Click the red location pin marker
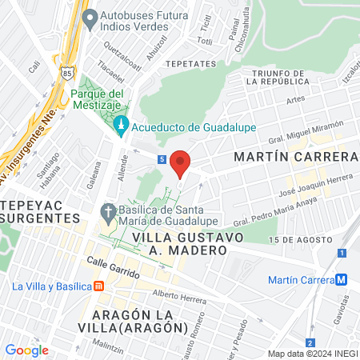181,162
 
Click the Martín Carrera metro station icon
342,279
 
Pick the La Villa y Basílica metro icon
98,286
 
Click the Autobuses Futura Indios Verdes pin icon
90,16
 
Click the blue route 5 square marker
162,159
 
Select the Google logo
26,350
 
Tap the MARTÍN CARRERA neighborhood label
294,156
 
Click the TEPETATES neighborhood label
190,63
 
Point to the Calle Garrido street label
113,267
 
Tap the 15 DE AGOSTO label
299,240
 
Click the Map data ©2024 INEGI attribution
312,353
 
